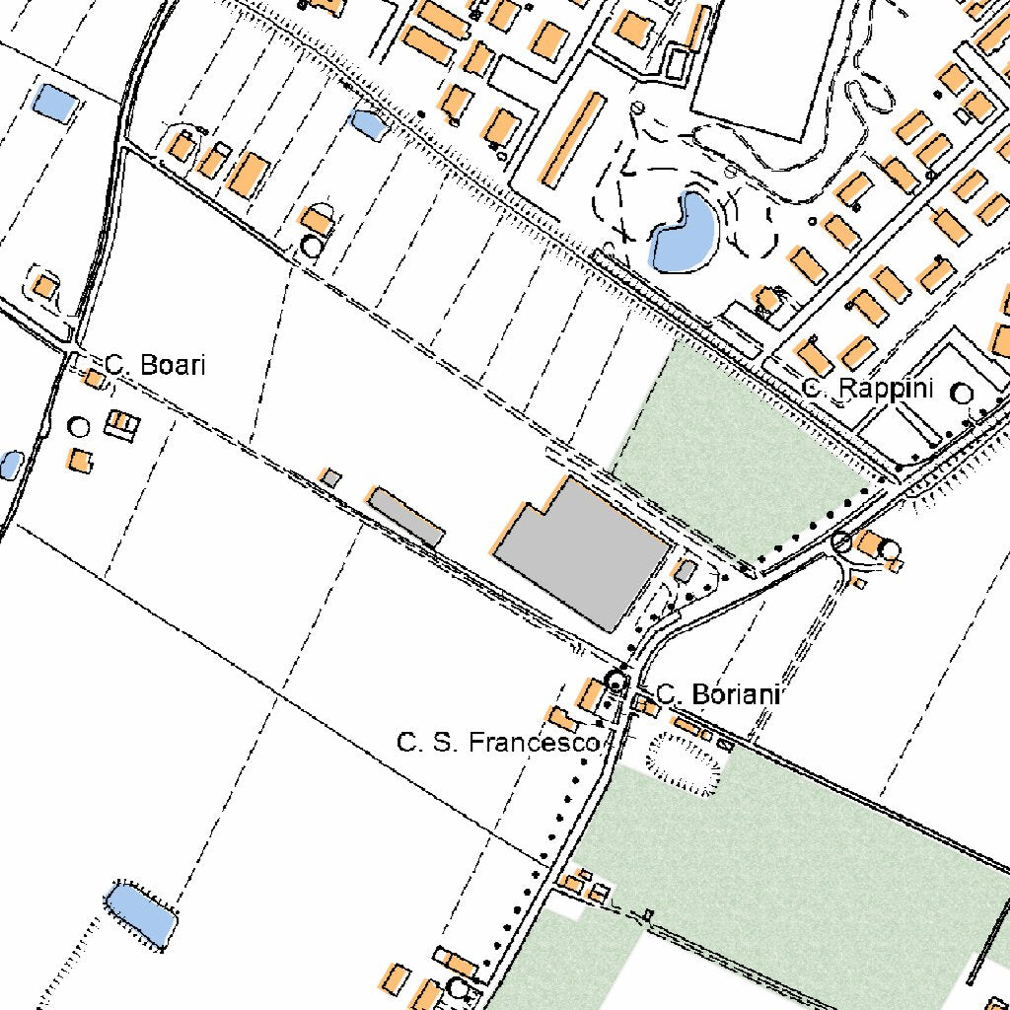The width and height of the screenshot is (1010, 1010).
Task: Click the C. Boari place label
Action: [156, 365]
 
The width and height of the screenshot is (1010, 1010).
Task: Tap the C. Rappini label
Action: [867, 389]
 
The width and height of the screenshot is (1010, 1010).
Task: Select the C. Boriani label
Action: [718, 694]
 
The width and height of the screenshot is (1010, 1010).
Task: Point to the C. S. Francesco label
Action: [498, 742]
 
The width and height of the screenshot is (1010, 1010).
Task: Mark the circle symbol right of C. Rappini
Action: [962, 394]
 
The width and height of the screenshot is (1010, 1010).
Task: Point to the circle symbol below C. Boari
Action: [79, 427]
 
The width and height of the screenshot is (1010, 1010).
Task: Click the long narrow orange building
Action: [572, 140]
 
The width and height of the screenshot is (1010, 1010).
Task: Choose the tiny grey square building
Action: [331, 478]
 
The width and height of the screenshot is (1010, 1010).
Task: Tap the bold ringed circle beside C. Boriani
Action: [616, 681]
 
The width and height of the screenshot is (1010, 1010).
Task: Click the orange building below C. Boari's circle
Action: [81, 461]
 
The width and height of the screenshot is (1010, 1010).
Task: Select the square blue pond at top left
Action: [54, 103]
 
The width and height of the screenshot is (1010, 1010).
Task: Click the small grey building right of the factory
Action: [685, 571]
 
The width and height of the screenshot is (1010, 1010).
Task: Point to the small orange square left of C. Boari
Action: [94, 379]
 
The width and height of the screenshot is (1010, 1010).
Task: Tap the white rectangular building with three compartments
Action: [122, 425]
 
